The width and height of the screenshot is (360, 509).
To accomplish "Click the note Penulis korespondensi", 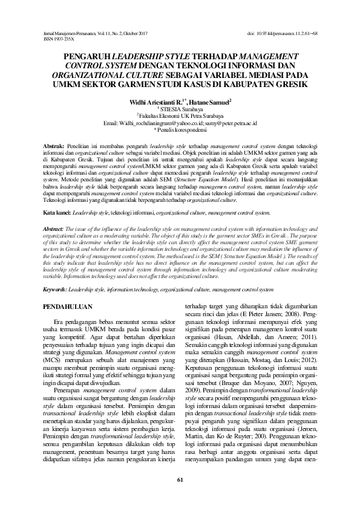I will (180, 129).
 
